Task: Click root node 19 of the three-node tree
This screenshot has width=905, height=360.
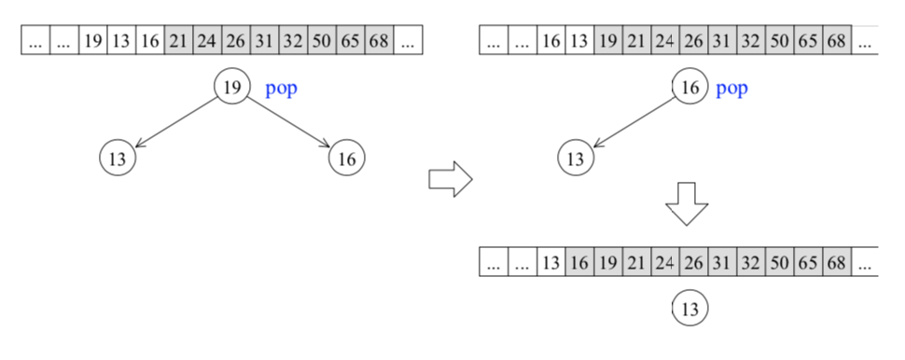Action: pyautogui.click(x=233, y=88)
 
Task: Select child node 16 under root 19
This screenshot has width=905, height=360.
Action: pyautogui.click(x=346, y=159)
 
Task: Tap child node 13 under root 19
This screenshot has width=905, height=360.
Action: pyautogui.click(x=118, y=159)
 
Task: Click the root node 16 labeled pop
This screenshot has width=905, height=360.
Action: pyautogui.click(x=690, y=88)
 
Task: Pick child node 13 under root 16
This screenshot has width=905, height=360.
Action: pyautogui.click(x=575, y=159)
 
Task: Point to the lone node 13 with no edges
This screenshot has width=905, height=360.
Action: pyautogui.click(x=690, y=308)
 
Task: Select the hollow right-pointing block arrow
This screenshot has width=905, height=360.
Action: pyautogui.click(x=450, y=179)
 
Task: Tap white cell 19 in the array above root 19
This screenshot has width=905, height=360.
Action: pyautogui.click(x=92, y=41)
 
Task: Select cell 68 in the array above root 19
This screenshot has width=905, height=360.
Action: pyautogui.click(x=379, y=41)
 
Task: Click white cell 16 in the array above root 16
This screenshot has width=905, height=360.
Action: pyautogui.click(x=550, y=41)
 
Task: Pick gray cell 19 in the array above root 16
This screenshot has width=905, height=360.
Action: pyautogui.click(x=607, y=41)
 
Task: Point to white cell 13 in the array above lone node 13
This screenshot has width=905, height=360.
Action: pyautogui.click(x=550, y=262)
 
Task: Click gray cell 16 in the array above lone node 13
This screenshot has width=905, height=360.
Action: pyautogui.click(x=578, y=262)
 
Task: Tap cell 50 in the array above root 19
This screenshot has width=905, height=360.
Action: pyautogui.click(x=322, y=41)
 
